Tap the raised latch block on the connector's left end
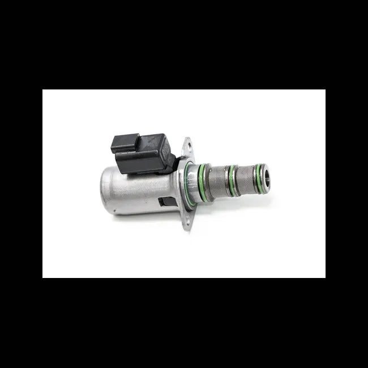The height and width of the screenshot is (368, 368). click(122, 142)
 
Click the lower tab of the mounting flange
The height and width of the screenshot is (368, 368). click(187, 224)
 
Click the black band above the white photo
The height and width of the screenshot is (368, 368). click(184, 45)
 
